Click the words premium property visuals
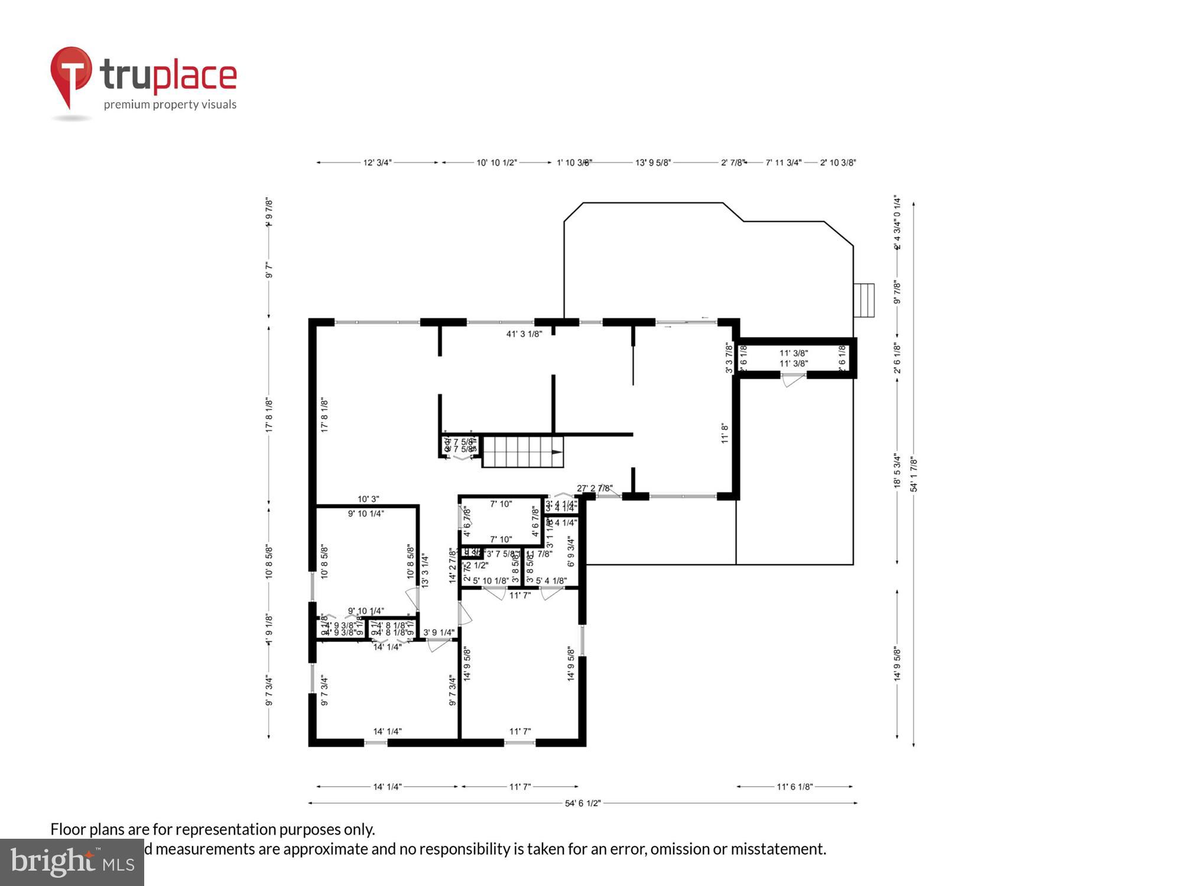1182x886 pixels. (x=170, y=105)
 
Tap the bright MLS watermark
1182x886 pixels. (x=72, y=862)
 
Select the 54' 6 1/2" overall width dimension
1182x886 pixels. (x=583, y=803)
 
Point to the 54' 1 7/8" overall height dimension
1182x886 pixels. (x=914, y=474)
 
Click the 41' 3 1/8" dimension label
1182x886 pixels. (x=524, y=334)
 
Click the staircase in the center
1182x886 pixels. (x=522, y=452)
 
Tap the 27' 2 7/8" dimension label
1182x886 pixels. (x=595, y=488)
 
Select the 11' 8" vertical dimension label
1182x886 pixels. (x=725, y=433)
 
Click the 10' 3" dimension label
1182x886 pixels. (x=368, y=499)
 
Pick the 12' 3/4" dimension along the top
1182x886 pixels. (x=377, y=162)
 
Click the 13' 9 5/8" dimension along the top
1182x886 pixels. (x=653, y=162)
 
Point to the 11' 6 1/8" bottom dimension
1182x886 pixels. (x=795, y=787)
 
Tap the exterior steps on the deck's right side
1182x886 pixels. (x=864, y=300)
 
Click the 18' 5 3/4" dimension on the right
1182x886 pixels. (x=897, y=471)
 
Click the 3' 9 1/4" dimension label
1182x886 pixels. (x=439, y=633)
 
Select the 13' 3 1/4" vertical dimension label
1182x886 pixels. (x=424, y=570)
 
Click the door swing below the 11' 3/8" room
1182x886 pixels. (x=791, y=380)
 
